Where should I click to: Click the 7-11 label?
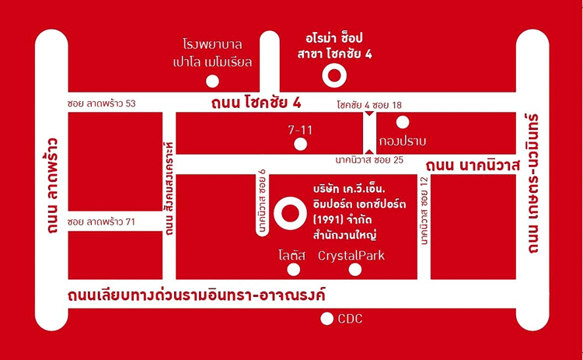[x=300, y=130]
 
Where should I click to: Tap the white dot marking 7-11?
[x=301, y=144]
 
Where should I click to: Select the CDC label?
[x=350, y=319]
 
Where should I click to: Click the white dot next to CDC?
[x=327, y=319]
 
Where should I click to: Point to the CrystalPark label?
[x=351, y=256]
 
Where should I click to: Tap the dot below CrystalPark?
[x=355, y=270]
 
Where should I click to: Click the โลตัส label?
[x=294, y=256]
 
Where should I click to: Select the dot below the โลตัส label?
[x=293, y=270]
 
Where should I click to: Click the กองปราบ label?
[x=403, y=141]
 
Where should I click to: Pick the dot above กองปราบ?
[x=403, y=121]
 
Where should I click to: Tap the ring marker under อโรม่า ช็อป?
[x=334, y=75]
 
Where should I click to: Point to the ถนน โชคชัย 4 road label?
[x=250, y=103]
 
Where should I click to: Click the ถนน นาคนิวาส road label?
[x=472, y=164]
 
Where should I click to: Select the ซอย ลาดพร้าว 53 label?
[x=102, y=104]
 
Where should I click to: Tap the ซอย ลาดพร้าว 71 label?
[x=102, y=222]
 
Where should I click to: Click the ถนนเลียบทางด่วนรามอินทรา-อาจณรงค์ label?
[x=195, y=295]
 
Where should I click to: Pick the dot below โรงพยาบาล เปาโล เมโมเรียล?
[x=212, y=80]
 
